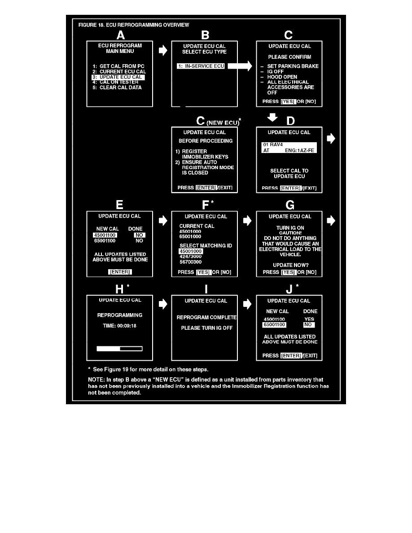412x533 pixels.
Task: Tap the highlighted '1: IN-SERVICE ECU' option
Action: [201, 66]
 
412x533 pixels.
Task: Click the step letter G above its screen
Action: [290, 205]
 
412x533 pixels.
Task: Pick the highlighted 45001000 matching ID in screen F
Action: [191, 251]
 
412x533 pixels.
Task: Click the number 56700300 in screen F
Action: [191, 262]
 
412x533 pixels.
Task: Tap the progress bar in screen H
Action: [119, 348]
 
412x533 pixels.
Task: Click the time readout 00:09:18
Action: [119, 326]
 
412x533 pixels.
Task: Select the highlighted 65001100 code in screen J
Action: [274, 324]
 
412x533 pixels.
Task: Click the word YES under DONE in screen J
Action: [309, 319]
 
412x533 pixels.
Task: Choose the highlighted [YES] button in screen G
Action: [288, 272]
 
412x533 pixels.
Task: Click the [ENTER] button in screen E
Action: [120, 272]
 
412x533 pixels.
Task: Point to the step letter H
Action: [119, 289]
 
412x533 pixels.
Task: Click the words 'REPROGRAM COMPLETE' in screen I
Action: [206, 318]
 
